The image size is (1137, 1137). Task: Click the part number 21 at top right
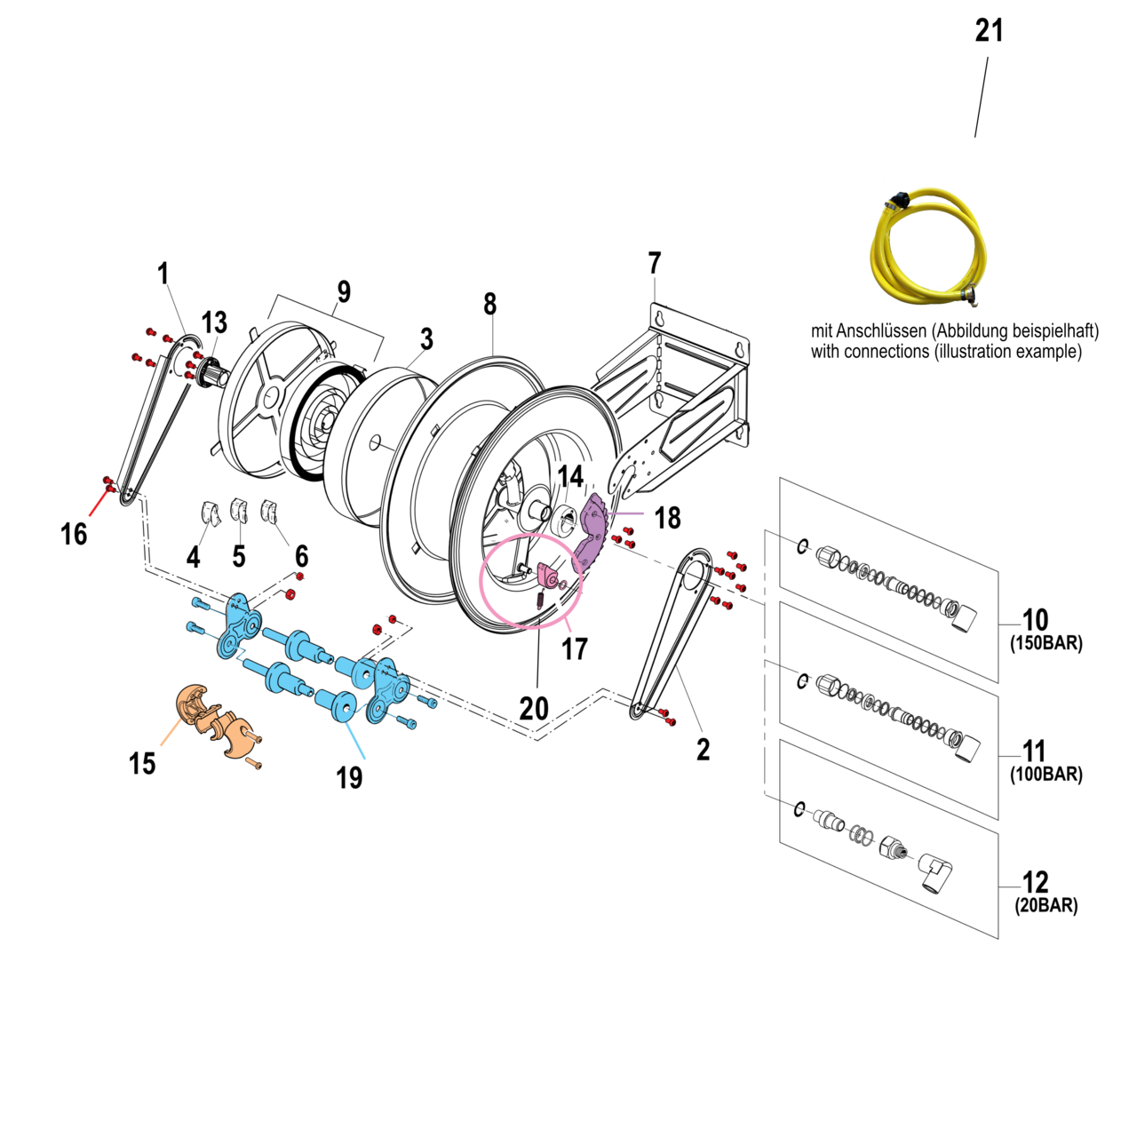click(989, 30)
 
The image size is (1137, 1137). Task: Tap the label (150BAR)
click(1046, 643)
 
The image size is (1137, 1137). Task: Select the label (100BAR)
click(1046, 774)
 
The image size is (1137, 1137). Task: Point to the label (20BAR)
click(1046, 905)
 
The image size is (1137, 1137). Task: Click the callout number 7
click(655, 263)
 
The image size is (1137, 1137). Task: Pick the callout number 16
click(74, 534)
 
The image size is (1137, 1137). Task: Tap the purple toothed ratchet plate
click(592, 534)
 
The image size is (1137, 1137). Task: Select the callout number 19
click(349, 777)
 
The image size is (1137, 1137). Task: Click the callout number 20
click(534, 708)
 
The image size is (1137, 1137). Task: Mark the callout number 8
click(489, 304)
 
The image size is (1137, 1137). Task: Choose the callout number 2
click(703, 749)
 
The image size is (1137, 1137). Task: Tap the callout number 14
click(570, 477)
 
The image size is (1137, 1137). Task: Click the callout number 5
click(239, 556)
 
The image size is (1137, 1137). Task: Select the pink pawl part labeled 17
click(547, 576)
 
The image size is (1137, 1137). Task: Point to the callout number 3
click(426, 338)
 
